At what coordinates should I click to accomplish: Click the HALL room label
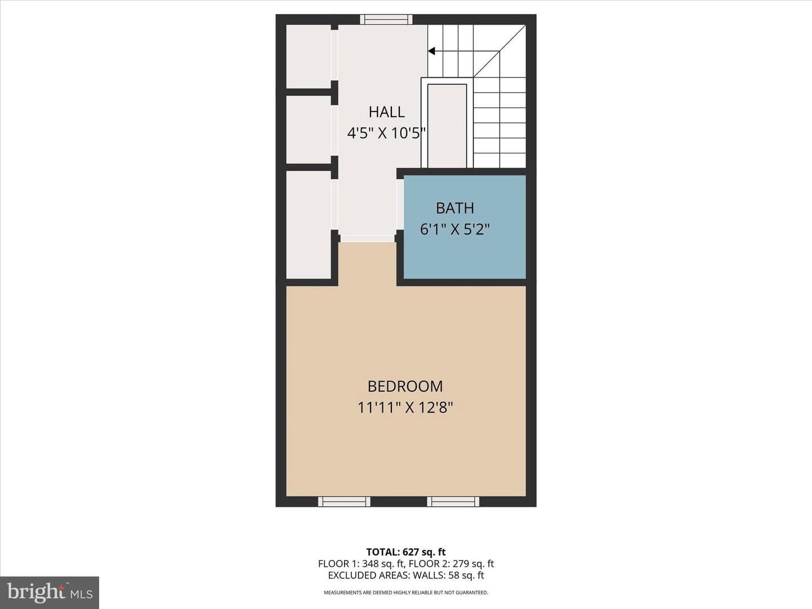[387, 112]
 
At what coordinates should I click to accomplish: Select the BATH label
[454, 208]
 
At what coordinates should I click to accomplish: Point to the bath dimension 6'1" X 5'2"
[454, 230]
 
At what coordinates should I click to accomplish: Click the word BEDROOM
[405, 386]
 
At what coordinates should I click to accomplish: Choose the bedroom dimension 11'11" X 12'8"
[405, 408]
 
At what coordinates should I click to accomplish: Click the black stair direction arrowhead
[431, 51]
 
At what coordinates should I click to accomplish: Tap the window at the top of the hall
[387, 19]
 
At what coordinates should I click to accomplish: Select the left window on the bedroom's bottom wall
[344, 501]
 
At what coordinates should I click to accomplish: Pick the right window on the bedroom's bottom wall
[453, 501]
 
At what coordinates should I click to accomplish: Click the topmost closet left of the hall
[308, 56]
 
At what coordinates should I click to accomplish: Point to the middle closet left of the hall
[308, 130]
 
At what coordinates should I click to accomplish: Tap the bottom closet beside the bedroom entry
[308, 225]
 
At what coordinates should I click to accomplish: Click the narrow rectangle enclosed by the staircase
[447, 126]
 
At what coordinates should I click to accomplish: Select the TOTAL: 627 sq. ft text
[406, 551]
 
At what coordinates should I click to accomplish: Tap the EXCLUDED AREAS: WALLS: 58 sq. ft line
[406, 575]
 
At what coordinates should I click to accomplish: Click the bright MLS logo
[50, 592]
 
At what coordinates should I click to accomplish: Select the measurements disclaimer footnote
[406, 592]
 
